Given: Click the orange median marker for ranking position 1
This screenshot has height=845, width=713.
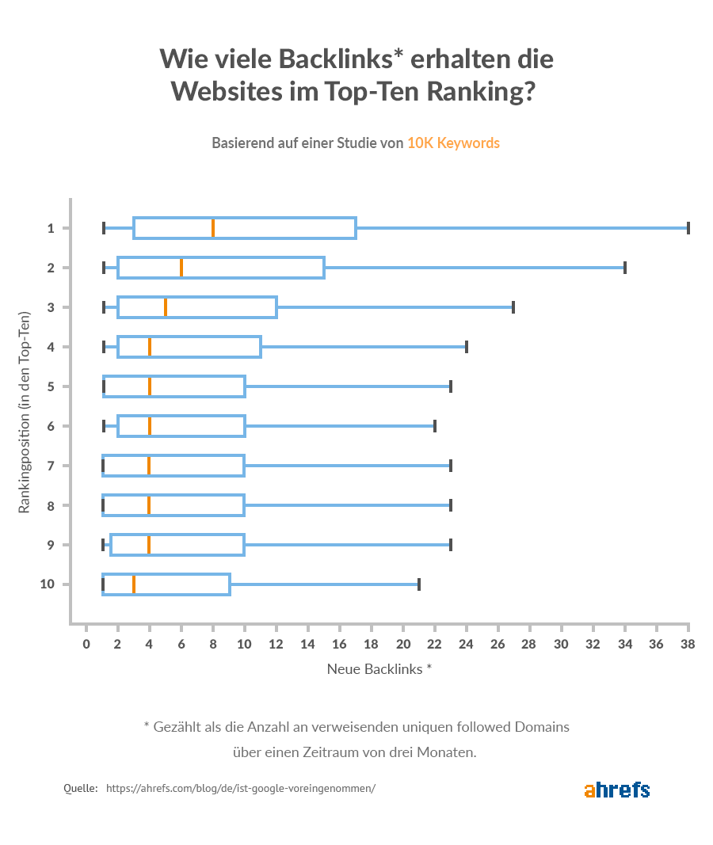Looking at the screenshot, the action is [213, 228].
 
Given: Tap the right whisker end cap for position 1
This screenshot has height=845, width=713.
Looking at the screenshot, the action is [688, 228].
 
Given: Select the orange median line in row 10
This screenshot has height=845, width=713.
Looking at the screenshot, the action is [134, 584].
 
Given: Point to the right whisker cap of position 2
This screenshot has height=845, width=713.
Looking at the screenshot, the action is [624, 268].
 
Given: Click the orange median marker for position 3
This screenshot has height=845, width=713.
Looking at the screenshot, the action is [166, 307].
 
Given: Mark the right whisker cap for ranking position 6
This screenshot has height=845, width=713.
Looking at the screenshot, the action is [435, 426].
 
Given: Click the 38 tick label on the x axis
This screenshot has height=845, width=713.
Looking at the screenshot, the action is [688, 644].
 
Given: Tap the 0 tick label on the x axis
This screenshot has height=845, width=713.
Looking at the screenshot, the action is [86, 644].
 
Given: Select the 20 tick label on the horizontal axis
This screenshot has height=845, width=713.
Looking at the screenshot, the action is [403, 644].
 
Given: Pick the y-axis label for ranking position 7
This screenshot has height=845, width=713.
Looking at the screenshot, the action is [51, 466].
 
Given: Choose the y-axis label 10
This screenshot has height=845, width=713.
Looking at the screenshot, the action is [48, 584].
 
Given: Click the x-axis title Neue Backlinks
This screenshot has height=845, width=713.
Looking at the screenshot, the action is [375, 668].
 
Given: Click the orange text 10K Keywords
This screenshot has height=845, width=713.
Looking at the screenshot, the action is [453, 143].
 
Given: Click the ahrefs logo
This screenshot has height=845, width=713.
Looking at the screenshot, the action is [617, 790].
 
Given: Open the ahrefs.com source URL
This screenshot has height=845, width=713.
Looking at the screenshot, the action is [240, 789].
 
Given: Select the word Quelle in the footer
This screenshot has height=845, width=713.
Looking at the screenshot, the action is [81, 789].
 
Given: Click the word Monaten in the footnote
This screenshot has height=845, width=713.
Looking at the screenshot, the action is [447, 752].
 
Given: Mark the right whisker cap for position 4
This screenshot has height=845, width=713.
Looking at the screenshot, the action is [466, 347].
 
